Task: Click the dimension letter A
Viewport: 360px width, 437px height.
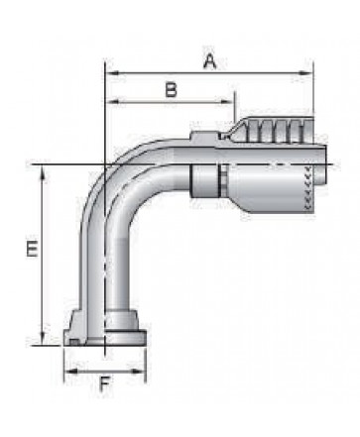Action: [x=210, y=61]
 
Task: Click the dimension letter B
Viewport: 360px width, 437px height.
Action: [x=171, y=90]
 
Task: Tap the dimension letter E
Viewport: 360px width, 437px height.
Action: [x=32, y=249]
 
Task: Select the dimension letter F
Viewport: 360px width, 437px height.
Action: [x=105, y=384]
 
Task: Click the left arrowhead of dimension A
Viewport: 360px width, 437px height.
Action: [x=112, y=73]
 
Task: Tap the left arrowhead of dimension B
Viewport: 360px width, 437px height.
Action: [x=112, y=102]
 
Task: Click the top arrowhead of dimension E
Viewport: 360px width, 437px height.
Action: [x=43, y=172]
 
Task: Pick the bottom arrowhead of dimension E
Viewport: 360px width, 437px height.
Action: [x=43, y=338]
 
